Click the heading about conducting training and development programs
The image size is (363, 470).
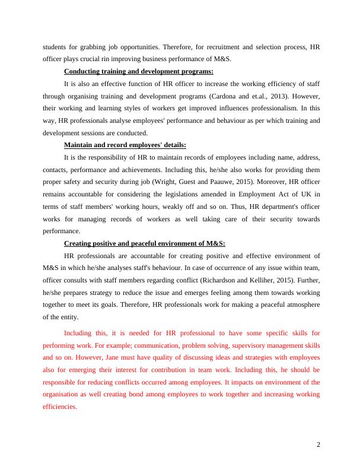point(138,72)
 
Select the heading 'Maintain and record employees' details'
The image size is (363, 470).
point(125,145)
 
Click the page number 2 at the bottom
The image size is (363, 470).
point(319,445)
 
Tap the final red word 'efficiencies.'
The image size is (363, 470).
point(60,407)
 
